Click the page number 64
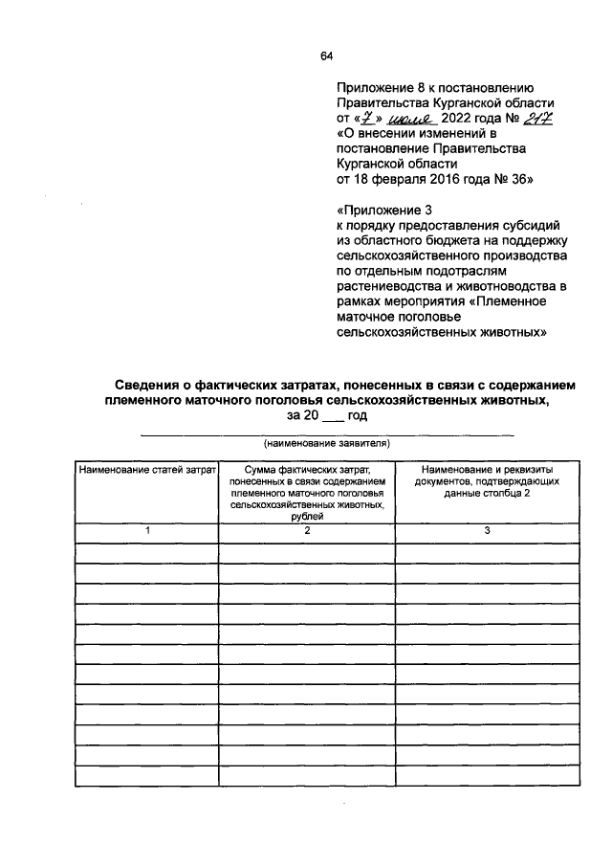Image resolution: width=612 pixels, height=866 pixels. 326,56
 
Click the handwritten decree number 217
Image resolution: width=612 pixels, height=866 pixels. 539,119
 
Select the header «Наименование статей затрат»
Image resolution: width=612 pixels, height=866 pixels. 147,471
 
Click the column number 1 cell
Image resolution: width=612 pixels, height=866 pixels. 147,530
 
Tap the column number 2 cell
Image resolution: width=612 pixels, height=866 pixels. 307,530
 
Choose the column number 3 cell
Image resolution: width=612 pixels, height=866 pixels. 486,530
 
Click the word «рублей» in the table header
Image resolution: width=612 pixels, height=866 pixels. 307,516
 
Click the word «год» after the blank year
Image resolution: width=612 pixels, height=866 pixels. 357,416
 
